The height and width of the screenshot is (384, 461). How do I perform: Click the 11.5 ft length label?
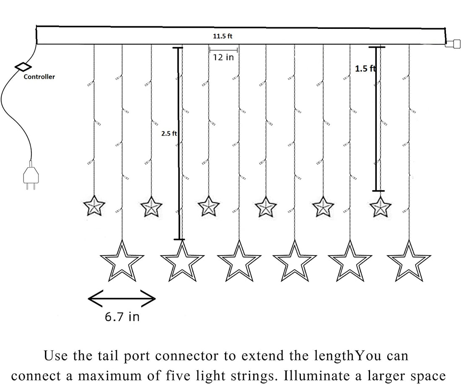[x=223, y=36]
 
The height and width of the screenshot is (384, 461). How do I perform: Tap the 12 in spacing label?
[x=223, y=57]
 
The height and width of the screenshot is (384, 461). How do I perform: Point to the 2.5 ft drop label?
[x=168, y=134]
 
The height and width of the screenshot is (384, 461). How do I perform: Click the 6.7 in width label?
[x=122, y=317]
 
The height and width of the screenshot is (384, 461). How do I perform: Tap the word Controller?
[x=39, y=77]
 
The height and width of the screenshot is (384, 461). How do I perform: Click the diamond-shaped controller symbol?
[x=23, y=67]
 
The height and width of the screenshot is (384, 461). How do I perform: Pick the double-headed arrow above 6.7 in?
[x=122, y=298]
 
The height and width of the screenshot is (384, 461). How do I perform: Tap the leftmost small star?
[x=94, y=206]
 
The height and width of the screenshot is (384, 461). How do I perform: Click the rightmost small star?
[x=381, y=206]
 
